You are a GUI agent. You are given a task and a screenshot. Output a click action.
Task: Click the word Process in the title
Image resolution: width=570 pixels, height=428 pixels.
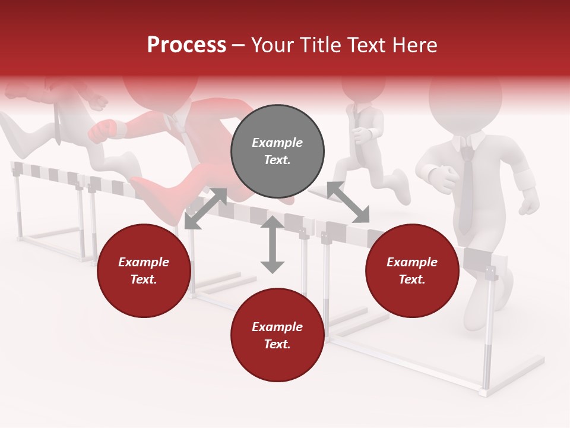coord(186,45)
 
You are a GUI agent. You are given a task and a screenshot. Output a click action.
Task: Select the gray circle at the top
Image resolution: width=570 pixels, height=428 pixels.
coord(277,152)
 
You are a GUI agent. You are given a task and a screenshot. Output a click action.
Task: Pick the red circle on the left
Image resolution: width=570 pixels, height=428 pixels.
coord(144,270)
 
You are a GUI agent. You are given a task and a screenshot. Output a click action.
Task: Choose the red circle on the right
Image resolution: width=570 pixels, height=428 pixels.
coord(412,270)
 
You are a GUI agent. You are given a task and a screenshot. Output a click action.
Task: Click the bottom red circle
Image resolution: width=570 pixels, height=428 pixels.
coord(277,335)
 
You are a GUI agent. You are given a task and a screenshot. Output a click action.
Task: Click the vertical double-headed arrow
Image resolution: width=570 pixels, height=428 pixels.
coord(273,245)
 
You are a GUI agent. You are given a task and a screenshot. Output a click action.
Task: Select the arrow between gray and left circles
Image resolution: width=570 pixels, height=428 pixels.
coord(205,208)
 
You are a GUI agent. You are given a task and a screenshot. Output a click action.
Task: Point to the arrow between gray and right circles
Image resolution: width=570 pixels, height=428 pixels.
coord(349,203)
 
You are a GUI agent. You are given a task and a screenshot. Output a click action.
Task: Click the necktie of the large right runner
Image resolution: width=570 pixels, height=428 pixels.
coord(467,190)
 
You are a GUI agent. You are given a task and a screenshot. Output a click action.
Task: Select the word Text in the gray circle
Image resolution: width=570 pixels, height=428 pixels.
coord(277,160)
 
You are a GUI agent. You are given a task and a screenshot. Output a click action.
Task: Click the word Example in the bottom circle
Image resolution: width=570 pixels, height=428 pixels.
coord(277,327)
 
